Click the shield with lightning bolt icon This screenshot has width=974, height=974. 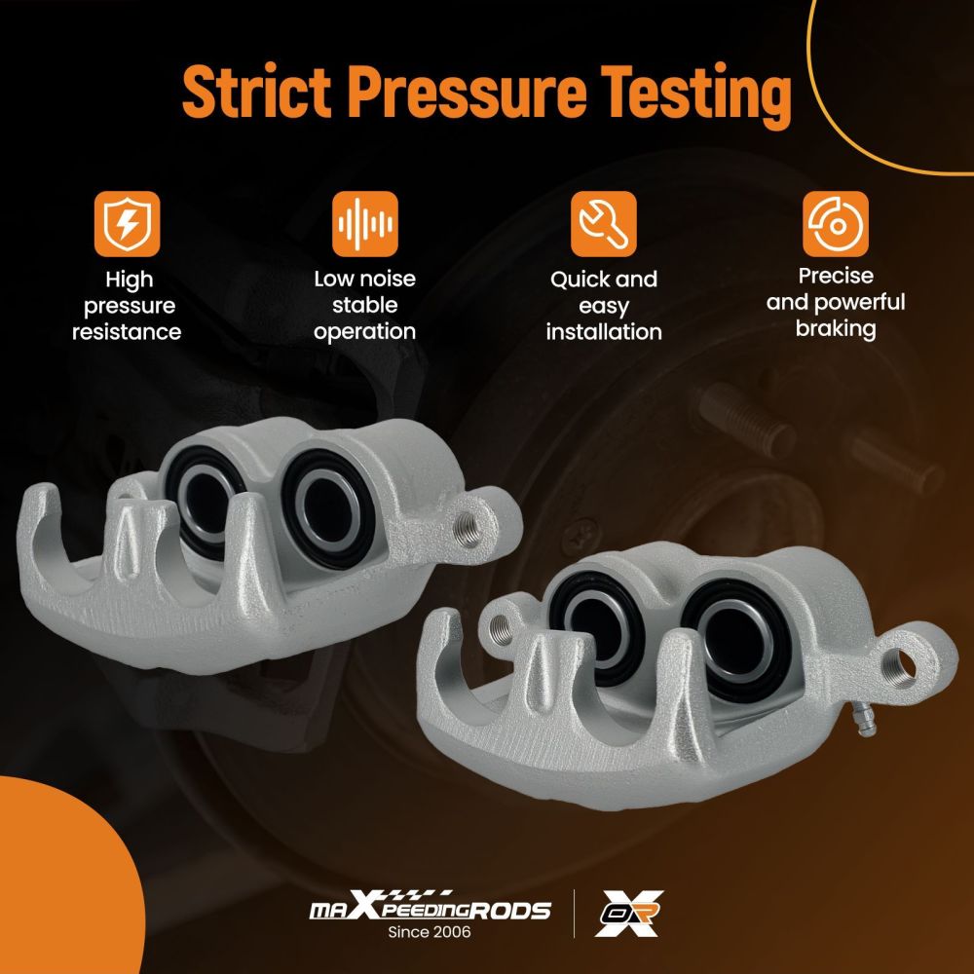coord(128,224)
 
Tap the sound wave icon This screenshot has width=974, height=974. coord(365,224)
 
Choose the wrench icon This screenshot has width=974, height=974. coord(604,224)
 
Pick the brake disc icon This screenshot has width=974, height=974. coord(836,224)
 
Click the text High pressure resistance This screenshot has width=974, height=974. coord(127,306)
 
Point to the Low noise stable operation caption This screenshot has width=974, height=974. coord(364,305)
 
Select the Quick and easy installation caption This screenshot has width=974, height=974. coord(604,306)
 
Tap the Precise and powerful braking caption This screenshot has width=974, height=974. coord(836,303)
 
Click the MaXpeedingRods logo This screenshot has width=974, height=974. coord(430,907)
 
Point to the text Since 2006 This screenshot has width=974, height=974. coord(430,932)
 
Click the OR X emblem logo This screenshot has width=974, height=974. coord(629,914)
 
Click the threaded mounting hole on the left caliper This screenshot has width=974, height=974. coord(468,529)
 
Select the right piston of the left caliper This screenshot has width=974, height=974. coord(328,509)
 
